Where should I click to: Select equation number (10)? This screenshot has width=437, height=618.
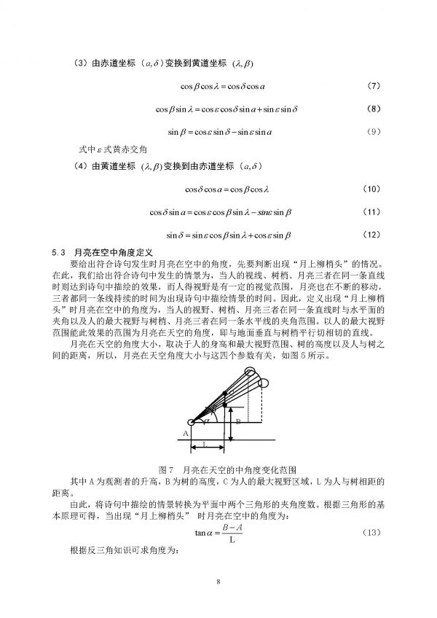pos(371,189)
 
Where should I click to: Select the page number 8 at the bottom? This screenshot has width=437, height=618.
pos(218,581)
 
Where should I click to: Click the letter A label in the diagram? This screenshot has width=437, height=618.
pos(185,433)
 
